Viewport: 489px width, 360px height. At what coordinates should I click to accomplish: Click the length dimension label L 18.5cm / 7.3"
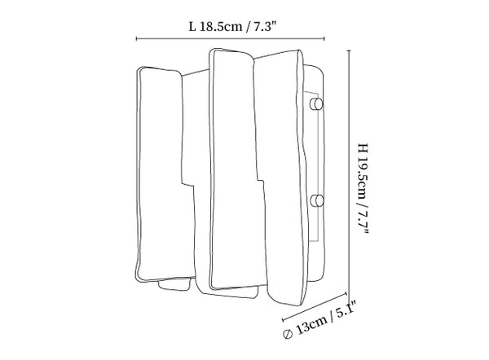click(231, 25)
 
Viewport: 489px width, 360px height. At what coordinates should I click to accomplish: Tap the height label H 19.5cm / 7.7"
click(363, 189)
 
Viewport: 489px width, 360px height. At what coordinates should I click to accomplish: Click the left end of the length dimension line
click(136, 37)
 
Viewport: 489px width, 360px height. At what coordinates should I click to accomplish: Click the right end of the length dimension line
click(325, 37)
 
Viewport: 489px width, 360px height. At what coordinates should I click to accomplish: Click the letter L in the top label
click(192, 25)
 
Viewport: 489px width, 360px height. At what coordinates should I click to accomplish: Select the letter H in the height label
click(363, 147)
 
